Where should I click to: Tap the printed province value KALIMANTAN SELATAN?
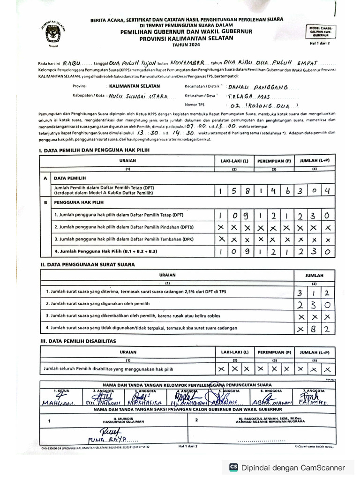coord(135,86)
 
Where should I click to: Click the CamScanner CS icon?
coord(233,467)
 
